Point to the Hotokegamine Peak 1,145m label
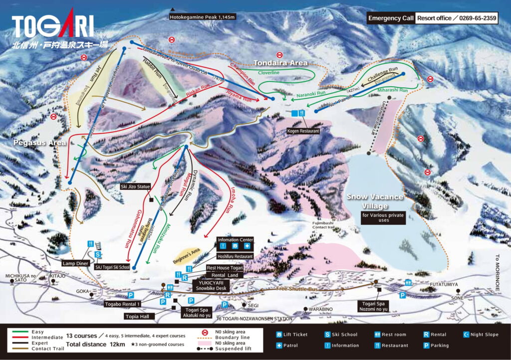pos(202,17)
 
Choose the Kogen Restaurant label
pos(303,131)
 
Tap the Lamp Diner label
pos(75,263)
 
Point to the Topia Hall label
pos(139,316)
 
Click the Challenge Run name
pos(383,72)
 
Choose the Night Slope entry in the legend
pos(483,335)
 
